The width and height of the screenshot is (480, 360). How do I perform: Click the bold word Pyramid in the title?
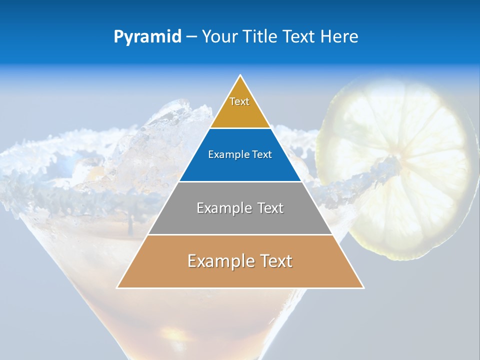click(x=147, y=37)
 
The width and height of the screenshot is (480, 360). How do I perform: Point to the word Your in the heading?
click(x=219, y=37)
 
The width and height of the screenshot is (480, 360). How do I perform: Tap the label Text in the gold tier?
click(x=239, y=101)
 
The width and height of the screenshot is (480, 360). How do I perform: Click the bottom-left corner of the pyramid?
click(x=117, y=287)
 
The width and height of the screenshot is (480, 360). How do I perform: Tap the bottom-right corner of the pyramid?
click(x=363, y=287)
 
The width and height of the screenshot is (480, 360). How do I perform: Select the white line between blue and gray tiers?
click(x=240, y=181)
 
